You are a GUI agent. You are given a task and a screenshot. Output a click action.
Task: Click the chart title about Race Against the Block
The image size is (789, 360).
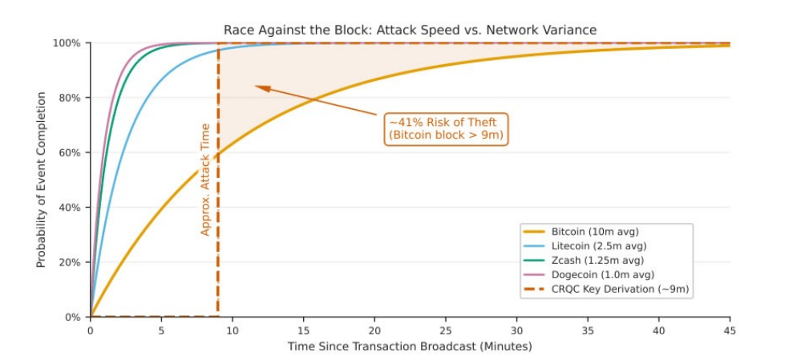point(410,30)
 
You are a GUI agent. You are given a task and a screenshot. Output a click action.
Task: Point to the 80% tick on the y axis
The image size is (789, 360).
point(69,98)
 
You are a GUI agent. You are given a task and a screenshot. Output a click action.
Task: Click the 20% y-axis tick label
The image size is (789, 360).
point(69,262)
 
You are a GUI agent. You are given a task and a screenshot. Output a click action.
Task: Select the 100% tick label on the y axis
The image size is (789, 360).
point(67,43)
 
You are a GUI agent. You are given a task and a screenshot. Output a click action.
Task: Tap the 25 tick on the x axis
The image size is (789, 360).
point(445,330)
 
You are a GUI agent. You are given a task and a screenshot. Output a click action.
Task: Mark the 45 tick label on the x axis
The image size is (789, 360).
point(730,330)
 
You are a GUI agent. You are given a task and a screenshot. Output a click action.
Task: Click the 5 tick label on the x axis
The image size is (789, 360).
point(161,330)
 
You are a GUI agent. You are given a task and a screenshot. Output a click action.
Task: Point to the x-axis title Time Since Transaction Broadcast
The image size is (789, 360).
point(410,346)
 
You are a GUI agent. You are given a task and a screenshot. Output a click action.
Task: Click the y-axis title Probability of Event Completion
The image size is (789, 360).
point(41,180)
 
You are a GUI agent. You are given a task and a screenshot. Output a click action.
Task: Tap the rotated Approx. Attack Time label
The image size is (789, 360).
point(205,179)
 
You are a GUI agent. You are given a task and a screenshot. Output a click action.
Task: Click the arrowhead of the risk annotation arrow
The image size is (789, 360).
point(259,87)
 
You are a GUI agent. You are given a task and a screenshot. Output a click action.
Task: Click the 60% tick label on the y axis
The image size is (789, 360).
point(69,153)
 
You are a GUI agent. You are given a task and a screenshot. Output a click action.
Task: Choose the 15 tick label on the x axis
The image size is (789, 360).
point(303,330)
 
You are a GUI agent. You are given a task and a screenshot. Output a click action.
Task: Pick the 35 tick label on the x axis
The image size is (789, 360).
point(588,330)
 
